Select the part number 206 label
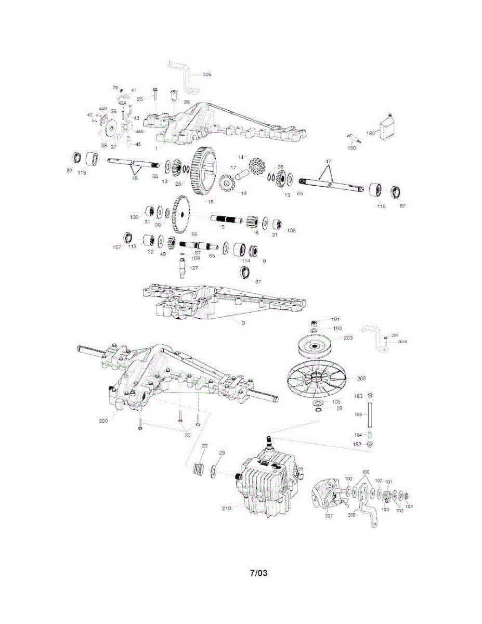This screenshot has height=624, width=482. [206, 74]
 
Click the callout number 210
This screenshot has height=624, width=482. [227, 508]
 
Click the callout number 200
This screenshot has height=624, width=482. [104, 421]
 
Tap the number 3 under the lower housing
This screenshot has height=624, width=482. [242, 323]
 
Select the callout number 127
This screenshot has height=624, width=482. [193, 268]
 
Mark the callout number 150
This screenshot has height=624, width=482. [351, 148]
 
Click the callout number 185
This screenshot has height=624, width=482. [358, 415]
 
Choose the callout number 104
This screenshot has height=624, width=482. [410, 506]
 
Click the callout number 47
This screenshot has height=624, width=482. [328, 162]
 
